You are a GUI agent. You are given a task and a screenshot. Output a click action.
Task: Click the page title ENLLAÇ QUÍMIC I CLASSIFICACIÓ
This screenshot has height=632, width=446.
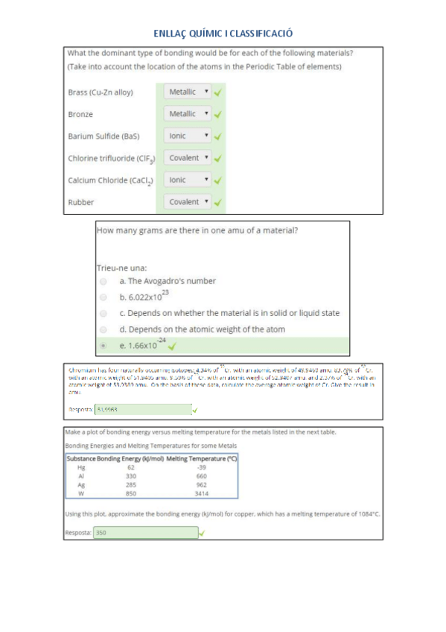tap(223, 34)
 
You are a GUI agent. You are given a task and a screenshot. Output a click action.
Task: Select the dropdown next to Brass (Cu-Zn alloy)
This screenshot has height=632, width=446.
tap(188, 92)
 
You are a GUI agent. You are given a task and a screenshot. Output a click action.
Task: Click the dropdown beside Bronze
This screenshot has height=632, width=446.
tap(188, 114)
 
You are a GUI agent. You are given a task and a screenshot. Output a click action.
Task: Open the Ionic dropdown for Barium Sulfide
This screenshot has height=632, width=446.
tap(188, 136)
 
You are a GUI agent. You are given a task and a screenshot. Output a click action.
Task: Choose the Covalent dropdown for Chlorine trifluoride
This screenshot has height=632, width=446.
tap(188, 158)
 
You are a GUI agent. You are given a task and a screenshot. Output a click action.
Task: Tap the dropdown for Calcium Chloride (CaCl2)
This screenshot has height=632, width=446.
tap(188, 180)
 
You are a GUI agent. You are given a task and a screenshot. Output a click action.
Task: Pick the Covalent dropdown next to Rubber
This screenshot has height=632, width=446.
tap(188, 202)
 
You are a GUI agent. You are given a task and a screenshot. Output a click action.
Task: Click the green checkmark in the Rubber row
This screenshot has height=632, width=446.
tap(218, 202)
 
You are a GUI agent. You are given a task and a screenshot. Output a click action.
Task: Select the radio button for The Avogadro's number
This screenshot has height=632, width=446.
tap(103, 282)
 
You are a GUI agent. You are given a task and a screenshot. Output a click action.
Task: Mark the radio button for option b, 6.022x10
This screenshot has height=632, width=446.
tap(103, 297)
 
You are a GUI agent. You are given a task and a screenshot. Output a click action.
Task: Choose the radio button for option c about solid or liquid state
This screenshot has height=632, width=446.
tap(103, 313)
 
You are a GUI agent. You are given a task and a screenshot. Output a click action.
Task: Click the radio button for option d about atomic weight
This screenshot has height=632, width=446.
tap(103, 329)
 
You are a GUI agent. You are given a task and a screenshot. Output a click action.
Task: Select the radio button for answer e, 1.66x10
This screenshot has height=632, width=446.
tap(103, 346)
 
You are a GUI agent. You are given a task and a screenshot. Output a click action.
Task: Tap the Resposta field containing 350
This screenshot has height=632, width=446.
tap(145, 533)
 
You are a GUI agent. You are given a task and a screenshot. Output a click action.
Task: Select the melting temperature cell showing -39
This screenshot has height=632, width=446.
tap(201, 467)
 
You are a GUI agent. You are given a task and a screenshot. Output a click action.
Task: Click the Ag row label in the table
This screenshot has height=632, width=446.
tap(80, 484)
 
